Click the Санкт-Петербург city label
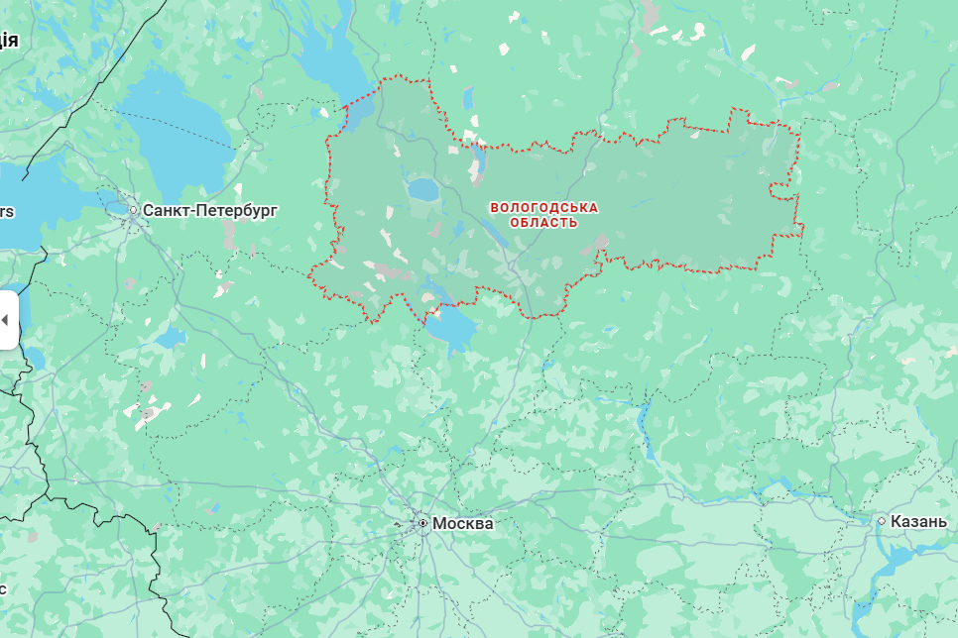(x=210, y=210)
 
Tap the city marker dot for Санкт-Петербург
(x=134, y=210)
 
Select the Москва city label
(x=462, y=523)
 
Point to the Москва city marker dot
(x=422, y=522)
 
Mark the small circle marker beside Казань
(x=881, y=520)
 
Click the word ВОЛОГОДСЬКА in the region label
(x=544, y=207)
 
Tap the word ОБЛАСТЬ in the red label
(x=543, y=223)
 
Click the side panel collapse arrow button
(x=5, y=320)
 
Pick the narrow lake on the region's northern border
(x=478, y=163)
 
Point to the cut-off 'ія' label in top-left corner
(x=8, y=40)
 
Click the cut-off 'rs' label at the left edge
(x=6, y=211)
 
